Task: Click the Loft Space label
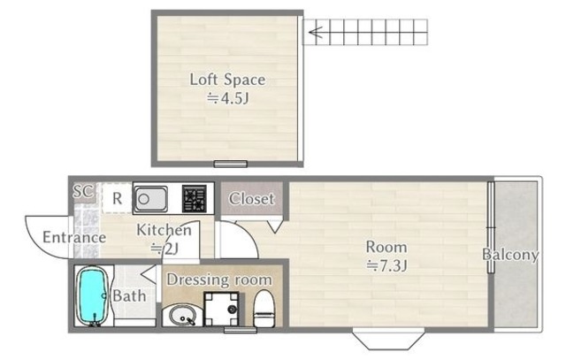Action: click(227, 80)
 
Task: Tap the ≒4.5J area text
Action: click(228, 98)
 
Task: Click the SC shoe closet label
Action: click(82, 191)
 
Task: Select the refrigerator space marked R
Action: click(117, 198)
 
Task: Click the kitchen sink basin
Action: click(151, 199)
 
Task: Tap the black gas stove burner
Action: click(195, 199)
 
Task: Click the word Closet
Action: click(251, 199)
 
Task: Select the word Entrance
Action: click(74, 238)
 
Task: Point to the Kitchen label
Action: click(164, 230)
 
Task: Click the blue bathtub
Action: click(93, 296)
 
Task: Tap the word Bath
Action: click(130, 296)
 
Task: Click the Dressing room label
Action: click(218, 280)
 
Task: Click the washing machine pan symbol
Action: click(221, 309)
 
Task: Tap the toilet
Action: click(264, 308)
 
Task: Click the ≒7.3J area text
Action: click(387, 265)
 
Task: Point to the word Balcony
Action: click(510, 255)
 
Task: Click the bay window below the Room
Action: click(388, 339)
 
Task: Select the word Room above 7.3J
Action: click(386, 247)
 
